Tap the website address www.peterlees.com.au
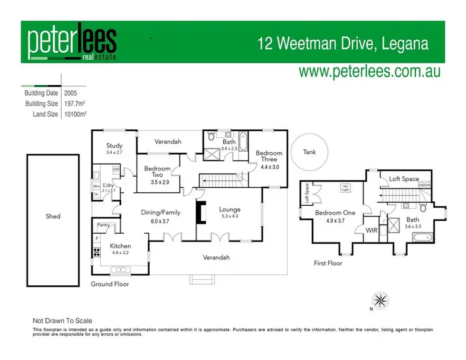[370, 71]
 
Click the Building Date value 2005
[71, 93]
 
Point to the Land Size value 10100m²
[75, 114]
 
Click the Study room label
[114, 145]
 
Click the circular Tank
[309, 152]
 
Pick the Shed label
[53, 216]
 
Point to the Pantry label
[104, 225]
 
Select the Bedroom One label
[335, 213]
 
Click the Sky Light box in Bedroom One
[345, 187]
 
